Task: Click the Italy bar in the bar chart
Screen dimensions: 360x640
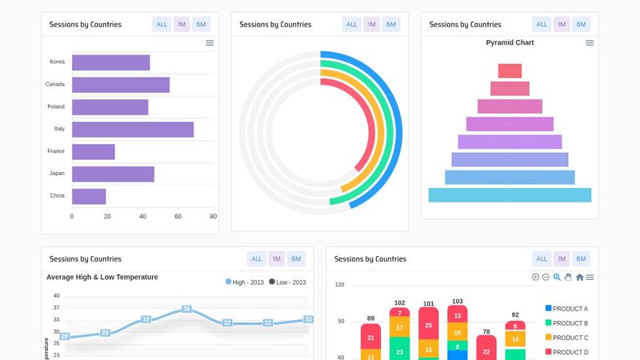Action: [132, 130]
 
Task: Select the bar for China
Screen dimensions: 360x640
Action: [89, 196]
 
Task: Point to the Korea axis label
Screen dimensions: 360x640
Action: [57, 62]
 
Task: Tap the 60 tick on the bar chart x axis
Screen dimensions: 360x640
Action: [178, 216]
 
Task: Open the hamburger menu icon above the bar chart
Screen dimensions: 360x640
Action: [210, 42]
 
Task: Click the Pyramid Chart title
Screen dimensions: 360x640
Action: [510, 42]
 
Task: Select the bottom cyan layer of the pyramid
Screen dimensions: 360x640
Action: [510, 195]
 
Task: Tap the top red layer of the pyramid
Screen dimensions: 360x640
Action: [510, 70]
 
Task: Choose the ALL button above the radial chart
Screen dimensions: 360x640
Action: [351, 24]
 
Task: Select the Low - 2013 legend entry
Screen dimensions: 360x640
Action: [287, 282]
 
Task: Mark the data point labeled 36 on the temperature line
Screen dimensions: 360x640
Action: [186, 309]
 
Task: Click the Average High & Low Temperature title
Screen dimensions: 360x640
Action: [102, 277]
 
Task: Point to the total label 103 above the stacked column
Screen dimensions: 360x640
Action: [458, 302]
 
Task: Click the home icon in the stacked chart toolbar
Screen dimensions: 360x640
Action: [579, 277]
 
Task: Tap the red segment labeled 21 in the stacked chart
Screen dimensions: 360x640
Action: [370, 338]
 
